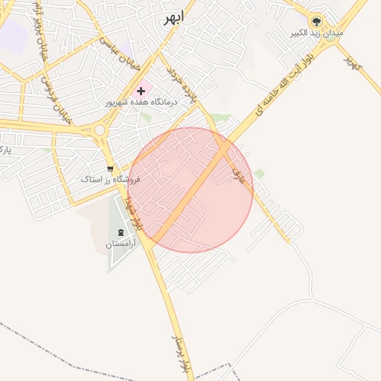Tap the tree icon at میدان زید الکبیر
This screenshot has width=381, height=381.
[317, 22]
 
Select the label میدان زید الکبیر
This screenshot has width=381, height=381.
[317, 34]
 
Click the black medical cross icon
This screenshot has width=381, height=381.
[141, 91]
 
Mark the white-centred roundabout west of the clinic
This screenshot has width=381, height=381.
[99, 130]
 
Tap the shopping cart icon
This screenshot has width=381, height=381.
[110, 169]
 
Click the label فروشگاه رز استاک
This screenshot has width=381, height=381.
[110, 180]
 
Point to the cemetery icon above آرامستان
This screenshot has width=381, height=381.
[121, 233]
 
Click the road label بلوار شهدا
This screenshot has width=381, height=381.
[132, 211]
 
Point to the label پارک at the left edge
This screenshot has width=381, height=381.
[5, 150]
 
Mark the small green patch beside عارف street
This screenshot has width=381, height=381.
[259, 173]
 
